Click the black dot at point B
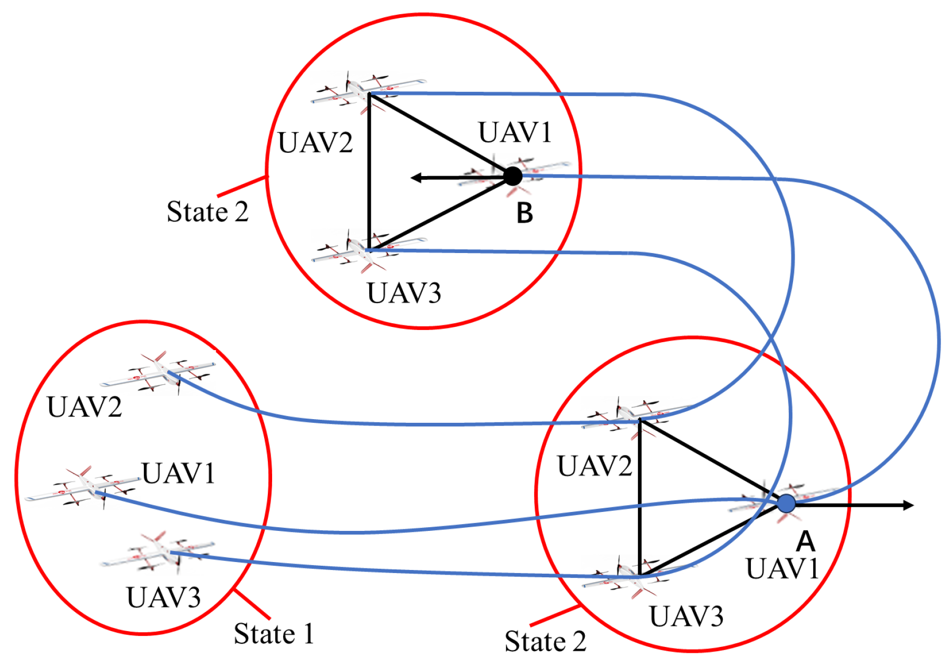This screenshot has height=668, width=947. coord(512,176)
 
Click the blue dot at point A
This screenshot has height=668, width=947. coord(786,503)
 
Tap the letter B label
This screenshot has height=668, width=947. coord(525,214)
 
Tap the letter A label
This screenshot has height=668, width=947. coord(805,541)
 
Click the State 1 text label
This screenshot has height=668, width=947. coord(274,633)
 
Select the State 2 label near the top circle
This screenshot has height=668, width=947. coord(207,211)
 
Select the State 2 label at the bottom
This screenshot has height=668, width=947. coord(545,641)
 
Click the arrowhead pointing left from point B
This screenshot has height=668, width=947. coord(416,178)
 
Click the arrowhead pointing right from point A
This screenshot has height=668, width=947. coord(907,505)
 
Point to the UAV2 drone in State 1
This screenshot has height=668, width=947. coord(158,373)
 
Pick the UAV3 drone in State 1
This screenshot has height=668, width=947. coord(158,554)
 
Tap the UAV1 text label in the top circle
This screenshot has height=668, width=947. coord(515,132)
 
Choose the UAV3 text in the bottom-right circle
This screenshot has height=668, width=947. coord(686,616)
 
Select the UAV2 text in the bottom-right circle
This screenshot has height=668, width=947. coord(594,466)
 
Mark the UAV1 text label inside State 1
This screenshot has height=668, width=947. coord(178,473)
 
